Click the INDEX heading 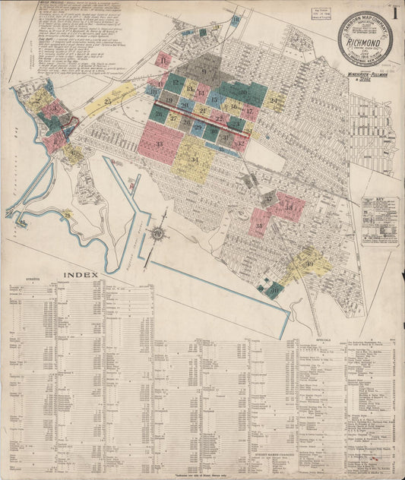[81, 274]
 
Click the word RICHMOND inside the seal [365, 43]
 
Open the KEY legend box [379, 221]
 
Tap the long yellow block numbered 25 [109, 101]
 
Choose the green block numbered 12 [176, 84]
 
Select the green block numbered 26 [160, 115]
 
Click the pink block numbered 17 [248, 111]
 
